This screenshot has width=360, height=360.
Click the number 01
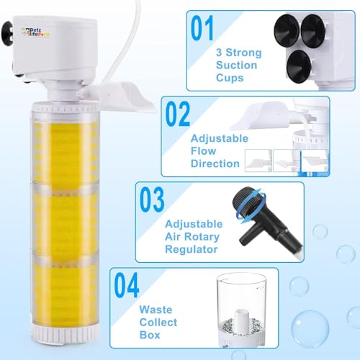coord(202,28)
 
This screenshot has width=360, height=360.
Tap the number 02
coord(178,114)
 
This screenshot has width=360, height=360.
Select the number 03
coord(152,199)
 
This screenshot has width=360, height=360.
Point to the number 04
coord(127,285)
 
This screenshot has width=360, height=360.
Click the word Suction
coord(236,65)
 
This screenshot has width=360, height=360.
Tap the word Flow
coord(203,151)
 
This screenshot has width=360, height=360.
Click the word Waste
coord(156,310)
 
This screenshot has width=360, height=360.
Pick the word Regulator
coord(192,249)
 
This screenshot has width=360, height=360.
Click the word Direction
coord(215,163)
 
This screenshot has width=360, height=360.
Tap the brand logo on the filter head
coord(36,32)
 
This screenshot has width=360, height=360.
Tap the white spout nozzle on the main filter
coord(121,95)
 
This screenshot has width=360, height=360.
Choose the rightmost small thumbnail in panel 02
coord(315,161)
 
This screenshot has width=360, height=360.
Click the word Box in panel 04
coord(150,335)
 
